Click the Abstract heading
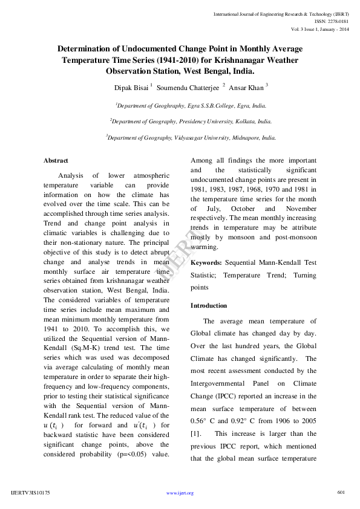(56, 160)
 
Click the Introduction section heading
(209, 306)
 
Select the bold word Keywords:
(206, 263)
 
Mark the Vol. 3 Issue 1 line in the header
(320, 28)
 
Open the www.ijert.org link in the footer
(180, 493)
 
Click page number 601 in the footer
(341, 492)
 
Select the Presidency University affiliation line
(191, 121)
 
